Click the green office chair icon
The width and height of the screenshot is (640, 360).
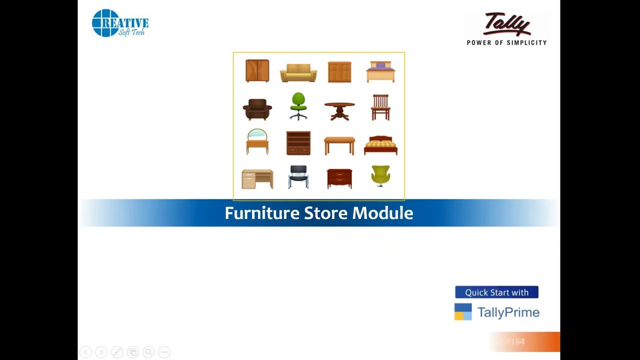[x=298, y=106]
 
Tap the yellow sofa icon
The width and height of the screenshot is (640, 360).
[x=298, y=72]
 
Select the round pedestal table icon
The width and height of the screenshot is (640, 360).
[x=339, y=110]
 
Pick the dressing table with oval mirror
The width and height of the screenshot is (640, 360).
[x=257, y=141]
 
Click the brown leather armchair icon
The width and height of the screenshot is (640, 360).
[x=257, y=109]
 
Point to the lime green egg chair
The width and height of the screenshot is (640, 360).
[x=380, y=176]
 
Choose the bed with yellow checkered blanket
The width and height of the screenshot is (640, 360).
[x=380, y=145]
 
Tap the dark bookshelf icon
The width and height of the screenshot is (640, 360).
[x=298, y=143]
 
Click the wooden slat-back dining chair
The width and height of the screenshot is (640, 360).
[x=380, y=107]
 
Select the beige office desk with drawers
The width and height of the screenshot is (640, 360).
[x=257, y=179]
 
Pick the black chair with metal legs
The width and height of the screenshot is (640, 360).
[x=298, y=177]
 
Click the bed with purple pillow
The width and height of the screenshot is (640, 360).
[x=380, y=72]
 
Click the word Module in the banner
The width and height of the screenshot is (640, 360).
[x=382, y=213]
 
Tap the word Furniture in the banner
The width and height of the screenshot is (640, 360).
[x=262, y=213]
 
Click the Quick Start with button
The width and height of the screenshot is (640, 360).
[x=496, y=292]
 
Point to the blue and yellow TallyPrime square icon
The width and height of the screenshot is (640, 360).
[x=463, y=312]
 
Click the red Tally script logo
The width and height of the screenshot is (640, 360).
[x=506, y=24]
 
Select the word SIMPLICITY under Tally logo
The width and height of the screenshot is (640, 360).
[x=526, y=43]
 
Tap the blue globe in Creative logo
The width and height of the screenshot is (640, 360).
[x=105, y=23]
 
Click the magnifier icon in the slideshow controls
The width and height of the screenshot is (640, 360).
[x=148, y=352]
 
